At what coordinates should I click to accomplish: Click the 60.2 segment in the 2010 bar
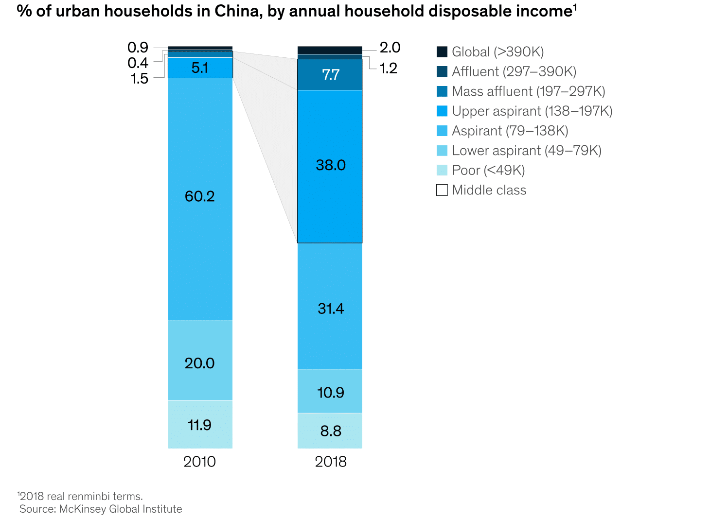pyautogui.click(x=200, y=197)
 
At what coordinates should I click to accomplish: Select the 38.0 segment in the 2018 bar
pyautogui.click(x=330, y=166)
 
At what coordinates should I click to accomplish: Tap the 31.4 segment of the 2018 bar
pyautogui.click(x=330, y=309)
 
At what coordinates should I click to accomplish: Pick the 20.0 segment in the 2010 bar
pyautogui.click(x=200, y=363)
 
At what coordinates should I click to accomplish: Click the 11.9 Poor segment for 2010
pyautogui.click(x=200, y=425)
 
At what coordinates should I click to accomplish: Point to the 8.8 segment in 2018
pyautogui.click(x=330, y=431)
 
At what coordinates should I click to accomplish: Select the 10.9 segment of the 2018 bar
pyautogui.click(x=330, y=392)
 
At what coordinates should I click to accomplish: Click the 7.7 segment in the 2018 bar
pyautogui.click(x=330, y=75)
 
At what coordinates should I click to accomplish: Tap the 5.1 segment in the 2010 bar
pyautogui.click(x=200, y=68)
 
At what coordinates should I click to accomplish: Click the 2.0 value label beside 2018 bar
pyautogui.click(x=390, y=48)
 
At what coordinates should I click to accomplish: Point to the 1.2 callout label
pyautogui.click(x=388, y=69)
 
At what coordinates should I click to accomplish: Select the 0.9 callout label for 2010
pyautogui.click(x=138, y=48)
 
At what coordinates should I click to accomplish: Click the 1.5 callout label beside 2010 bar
pyautogui.click(x=139, y=79)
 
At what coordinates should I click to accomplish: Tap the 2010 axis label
pyautogui.click(x=199, y=462)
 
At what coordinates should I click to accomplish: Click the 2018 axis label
pyautogui.click(x=331, y=462)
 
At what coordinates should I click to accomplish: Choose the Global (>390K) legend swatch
pyautogui.click(x=442, y=52)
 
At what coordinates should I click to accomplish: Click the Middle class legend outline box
pyautogui.click(x=442, y=190)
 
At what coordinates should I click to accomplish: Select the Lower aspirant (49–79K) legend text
pyautogui.click(x=527, y=151)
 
